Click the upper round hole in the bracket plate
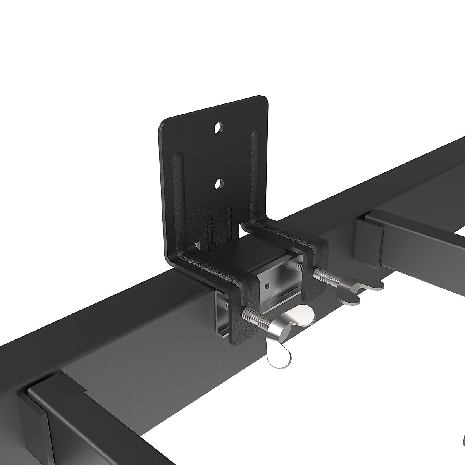pos(219,127)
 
